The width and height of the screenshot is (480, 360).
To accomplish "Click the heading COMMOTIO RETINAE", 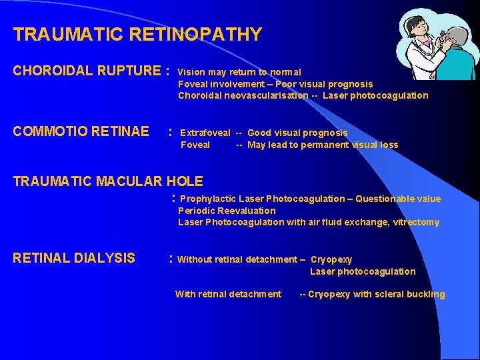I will (x=81, y=131).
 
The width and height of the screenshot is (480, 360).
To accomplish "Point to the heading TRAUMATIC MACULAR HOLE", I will (x=108, y=181).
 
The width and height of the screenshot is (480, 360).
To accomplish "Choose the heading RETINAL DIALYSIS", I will (x=74, y=258).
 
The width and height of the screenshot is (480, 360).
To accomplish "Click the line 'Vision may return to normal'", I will (x=239, y=72).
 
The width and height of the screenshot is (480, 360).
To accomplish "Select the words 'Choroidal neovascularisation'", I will (x=243, y=95).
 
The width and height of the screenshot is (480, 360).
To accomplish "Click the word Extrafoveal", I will (x=205, y=133).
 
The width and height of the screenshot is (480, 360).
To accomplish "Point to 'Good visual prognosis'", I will (x=297, y=133).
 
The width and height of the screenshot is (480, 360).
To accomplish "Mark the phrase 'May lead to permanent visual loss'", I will (x=323, y=145).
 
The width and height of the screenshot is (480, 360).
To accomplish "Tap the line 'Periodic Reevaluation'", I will (x=227, y=211).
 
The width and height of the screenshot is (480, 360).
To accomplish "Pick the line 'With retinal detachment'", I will (x=228, y=294).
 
